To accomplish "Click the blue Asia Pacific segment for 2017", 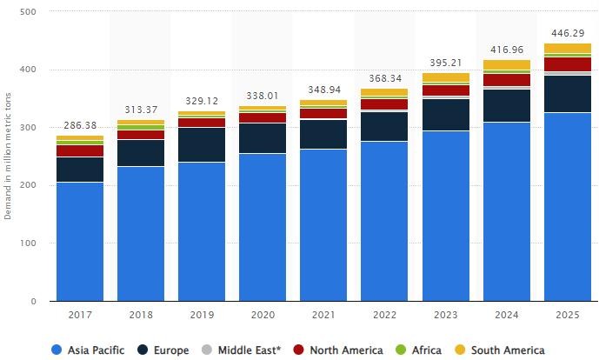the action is pos(80,242).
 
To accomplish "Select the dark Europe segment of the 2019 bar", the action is pos(202,145).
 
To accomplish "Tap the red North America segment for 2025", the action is pos(568,64).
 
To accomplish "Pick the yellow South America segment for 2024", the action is pos(507,65).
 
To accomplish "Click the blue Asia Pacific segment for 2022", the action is pos(384,221).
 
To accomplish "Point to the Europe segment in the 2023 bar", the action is pos(446,115).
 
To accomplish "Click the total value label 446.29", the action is pos(568,33).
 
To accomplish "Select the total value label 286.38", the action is pos(80,125).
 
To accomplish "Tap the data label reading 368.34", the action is pos(385,78).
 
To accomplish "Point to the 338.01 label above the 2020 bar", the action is pos(263,96).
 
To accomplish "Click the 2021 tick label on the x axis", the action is pos(323,315).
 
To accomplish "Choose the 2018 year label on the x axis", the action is pos(141,315).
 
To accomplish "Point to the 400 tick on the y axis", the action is pos(29,70).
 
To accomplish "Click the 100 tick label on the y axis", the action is pos(29,243).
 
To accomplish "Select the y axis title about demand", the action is pos(8,157).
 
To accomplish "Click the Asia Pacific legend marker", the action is pos(57,350).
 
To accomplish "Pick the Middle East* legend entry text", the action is pos(250,350).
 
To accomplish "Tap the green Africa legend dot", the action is pos(401,350).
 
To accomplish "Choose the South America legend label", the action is pos(508,350).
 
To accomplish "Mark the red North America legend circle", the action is pos(299,350).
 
